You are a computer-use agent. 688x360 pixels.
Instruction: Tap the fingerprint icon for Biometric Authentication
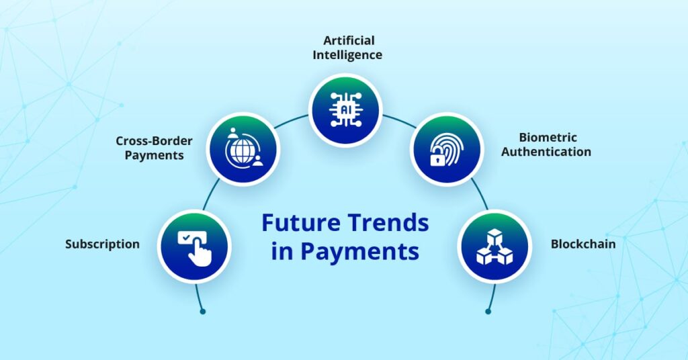(x=446, y=149)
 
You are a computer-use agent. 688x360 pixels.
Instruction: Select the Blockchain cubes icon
(x=494, y=246)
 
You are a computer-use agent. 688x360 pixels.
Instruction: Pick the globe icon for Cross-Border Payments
(x=243, y=149)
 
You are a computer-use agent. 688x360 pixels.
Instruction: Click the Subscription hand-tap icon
(x=194, y=246)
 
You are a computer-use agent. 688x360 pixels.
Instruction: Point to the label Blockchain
(x=583, y=244)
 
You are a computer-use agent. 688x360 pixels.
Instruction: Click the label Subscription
(x=102, y=244)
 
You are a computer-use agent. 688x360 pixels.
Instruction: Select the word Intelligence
(x=347, y=54)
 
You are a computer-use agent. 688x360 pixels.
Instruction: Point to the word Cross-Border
(x=154, y=141)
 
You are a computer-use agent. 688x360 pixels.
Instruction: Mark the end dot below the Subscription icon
(x=202, y=311)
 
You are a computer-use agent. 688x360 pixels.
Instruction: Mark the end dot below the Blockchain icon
(x=488, y=311)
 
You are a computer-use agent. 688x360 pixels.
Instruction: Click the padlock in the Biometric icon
(x=437, y=160)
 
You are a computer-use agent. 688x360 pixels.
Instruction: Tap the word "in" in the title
(x=282, y=252)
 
